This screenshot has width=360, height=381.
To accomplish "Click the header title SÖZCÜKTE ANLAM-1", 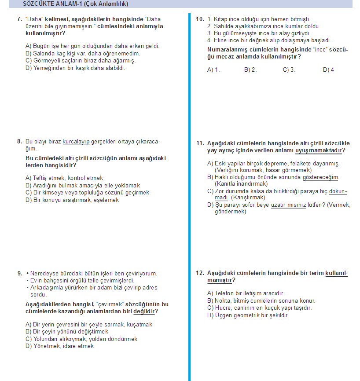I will [75, 4].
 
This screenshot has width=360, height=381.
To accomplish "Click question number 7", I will [19, 19].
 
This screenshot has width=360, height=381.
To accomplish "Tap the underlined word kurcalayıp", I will [76, 142].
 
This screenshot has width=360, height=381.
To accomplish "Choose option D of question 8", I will [72, 200].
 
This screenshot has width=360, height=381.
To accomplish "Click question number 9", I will [19, 273].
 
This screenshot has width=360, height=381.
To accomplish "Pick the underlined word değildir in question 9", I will [145, 311].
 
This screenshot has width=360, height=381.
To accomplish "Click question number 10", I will [199, 19].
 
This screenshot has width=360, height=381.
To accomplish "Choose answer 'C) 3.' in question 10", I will [289, 70].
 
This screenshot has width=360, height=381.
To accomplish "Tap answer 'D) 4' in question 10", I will [328, 70].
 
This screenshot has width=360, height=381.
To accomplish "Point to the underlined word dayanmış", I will [326, 164].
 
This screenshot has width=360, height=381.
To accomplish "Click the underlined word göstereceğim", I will [321, 177].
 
